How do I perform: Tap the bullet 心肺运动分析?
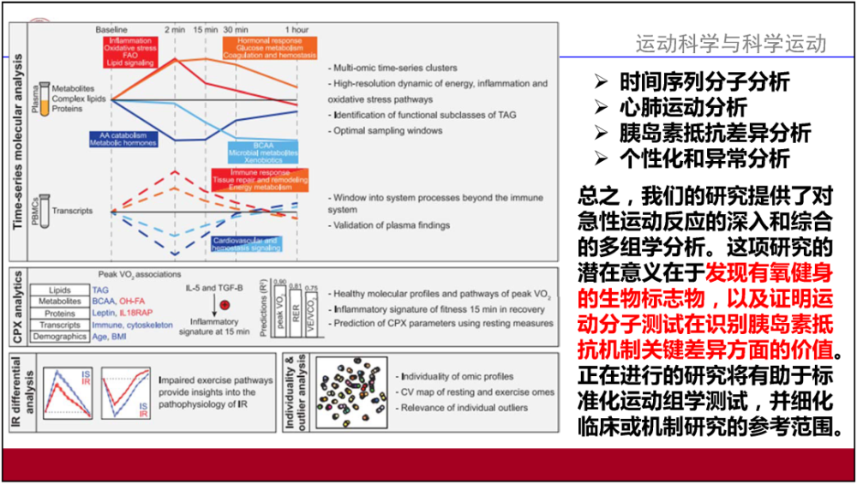681,107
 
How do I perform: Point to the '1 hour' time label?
297,29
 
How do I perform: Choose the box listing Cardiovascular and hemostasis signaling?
245,245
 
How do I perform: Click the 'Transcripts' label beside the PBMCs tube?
73,211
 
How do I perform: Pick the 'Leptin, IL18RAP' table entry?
118,314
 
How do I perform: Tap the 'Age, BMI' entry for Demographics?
110,337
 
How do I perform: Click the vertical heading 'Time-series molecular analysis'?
17,141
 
